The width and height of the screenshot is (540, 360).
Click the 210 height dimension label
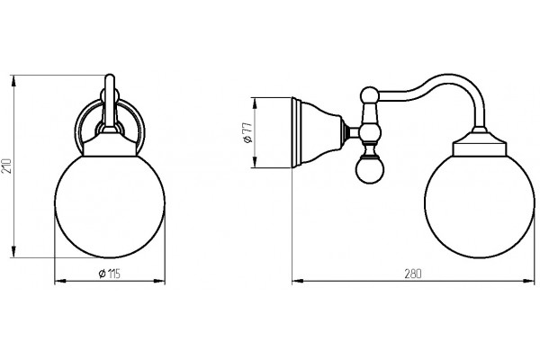click(7, 166)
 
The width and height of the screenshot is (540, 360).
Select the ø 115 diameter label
click(109, 274)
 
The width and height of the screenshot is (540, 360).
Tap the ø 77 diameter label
click(248, 132)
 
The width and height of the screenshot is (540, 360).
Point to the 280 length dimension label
click(413, 274)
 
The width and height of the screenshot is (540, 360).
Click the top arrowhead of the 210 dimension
click(13, 81)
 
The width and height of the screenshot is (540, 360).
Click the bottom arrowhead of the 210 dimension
click(13, 251)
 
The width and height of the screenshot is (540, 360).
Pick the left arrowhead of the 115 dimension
click(60, 282)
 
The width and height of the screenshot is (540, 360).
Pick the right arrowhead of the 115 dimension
click(159, 282)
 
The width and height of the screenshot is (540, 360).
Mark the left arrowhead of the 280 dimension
click(298, 282)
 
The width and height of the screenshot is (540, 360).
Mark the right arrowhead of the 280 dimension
click(528, 282)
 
